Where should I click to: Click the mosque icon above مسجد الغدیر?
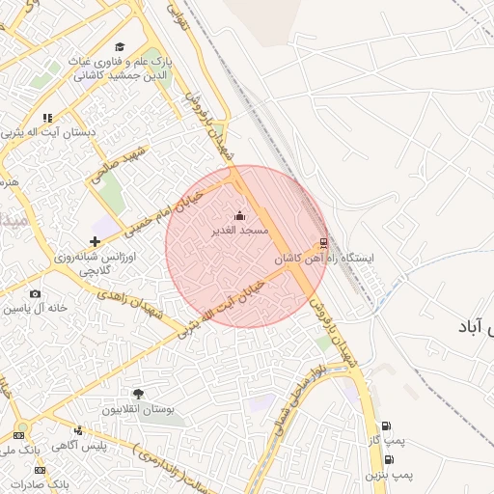[x=239, y=215]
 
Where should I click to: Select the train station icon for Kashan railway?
[x=322, y=242]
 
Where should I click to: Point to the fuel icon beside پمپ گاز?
[x=386, y=426]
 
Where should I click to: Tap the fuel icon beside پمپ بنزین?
[x=389, y=459]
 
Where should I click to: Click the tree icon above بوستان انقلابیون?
[x=138, y=394]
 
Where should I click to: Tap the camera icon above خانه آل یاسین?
[x=35, y=293]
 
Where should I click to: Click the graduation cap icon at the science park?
[x=120, y=46]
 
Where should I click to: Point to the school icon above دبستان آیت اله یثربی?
[x=47, y=118]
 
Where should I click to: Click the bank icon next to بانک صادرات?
[x=15, y=482]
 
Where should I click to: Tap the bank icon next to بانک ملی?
[x=15, y=440]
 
